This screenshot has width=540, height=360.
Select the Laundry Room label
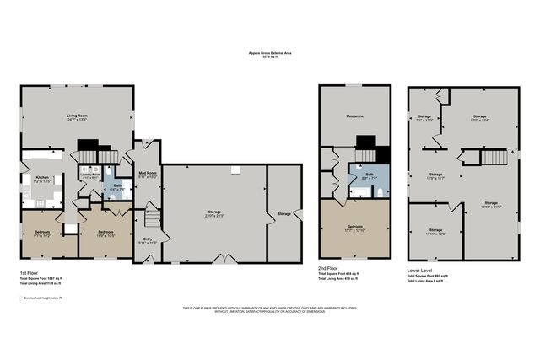point(90,175)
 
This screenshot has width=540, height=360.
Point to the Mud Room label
point(147,174)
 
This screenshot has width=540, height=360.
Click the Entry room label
point(148,239)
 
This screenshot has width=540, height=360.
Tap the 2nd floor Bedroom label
point(355,228)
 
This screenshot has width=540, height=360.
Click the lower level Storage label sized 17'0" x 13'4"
point(479,117)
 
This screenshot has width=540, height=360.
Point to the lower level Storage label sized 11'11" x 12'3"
point(435,230)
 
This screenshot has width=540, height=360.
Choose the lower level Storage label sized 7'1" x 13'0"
point(424,117)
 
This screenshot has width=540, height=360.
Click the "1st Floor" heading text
point(29,274)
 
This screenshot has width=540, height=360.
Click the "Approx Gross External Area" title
point(270,52)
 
